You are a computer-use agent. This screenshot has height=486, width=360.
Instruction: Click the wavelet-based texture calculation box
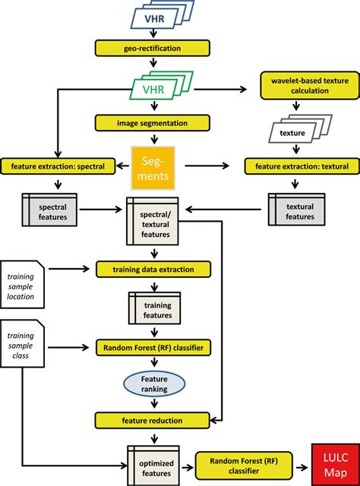point(298,84)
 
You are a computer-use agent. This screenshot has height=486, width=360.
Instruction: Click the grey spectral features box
point(52,211)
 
